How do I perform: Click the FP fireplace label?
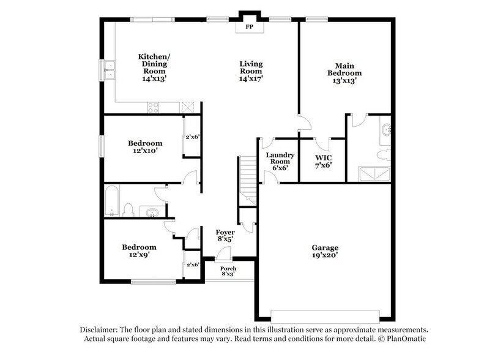pos(249,28)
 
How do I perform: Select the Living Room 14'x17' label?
pos(250,71)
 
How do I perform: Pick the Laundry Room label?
pos(280,162)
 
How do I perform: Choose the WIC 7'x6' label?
pos(322,160)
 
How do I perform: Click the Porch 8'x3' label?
pos(228,272)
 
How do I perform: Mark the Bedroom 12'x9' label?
pos(139,251)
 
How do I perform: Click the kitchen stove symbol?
pos(153,108)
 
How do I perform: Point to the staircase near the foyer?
pos(248,178)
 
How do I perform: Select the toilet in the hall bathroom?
pos(128,210)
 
